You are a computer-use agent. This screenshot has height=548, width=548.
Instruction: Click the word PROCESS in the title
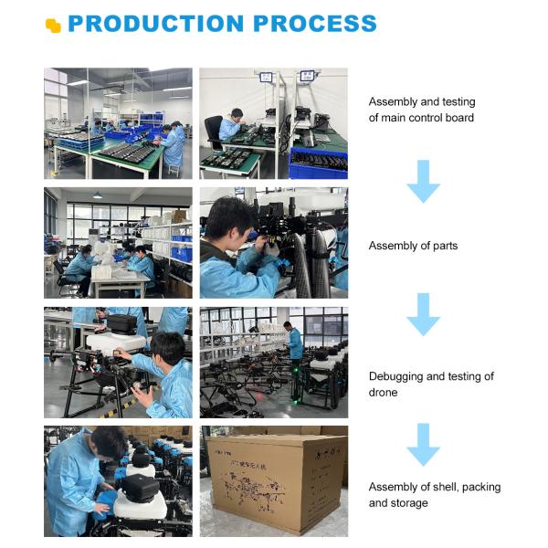pos(315,24)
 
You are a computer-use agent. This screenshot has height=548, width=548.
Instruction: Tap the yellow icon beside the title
pos(53,26)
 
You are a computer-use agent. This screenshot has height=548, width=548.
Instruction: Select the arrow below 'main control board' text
pos(423,182)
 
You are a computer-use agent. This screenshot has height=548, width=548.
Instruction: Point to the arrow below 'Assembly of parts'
pos(423,314)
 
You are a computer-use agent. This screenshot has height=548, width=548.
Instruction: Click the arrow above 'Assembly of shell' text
pos(423,445)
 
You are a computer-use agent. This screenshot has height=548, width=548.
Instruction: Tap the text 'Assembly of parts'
pos(413,246)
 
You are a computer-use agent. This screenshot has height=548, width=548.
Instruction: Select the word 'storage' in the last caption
pos(410,503)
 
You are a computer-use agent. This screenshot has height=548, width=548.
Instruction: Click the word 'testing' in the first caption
pos(458,102)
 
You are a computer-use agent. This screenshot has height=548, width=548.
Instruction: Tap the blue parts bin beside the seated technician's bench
pos(319,163)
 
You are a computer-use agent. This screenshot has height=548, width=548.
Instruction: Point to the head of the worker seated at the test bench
pos(237,114)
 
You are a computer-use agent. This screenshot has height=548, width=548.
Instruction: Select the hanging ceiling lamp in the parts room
pos(98,195)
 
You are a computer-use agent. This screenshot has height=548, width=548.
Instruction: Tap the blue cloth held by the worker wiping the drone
pos(104,503)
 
